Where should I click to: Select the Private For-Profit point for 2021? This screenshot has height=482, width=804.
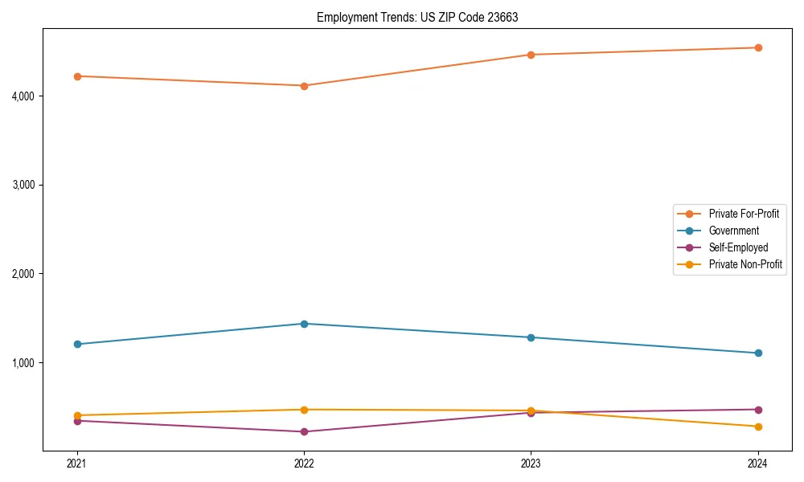[77, 76]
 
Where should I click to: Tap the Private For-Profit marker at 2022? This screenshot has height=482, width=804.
[304, 86]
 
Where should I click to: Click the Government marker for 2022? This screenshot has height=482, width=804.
[304, 324]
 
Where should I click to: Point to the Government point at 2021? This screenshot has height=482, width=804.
[77, 344]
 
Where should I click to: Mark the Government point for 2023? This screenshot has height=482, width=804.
[531, 337]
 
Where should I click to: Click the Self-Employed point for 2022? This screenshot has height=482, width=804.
[304, 431]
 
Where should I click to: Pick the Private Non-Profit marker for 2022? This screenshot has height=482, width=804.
[304, 410]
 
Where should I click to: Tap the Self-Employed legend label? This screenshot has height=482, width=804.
[738, 247]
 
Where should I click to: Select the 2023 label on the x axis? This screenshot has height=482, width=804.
[531, 464]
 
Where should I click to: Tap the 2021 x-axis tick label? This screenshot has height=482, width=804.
[77, 464]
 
